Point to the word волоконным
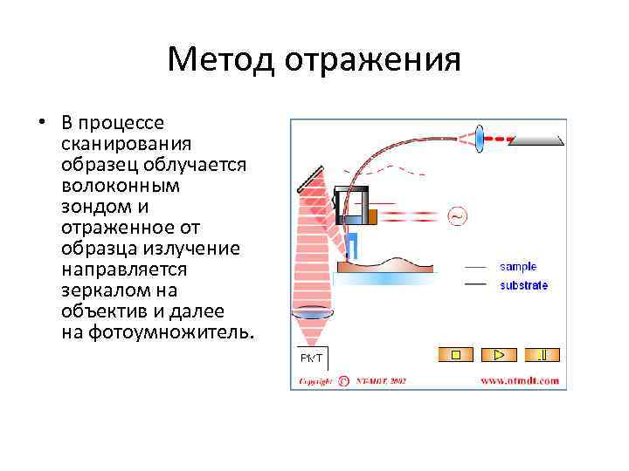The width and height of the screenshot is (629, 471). (121, 186)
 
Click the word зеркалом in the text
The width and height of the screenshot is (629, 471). (106, 290)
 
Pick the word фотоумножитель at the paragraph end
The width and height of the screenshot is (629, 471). (171, 332)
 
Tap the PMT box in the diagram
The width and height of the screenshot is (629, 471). (311, 358)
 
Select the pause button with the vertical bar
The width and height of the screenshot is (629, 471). (543, 354)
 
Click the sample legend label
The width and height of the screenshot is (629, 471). (517, 267)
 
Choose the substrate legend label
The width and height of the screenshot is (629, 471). (523, 285)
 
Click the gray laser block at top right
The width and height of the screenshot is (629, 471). (536, 138)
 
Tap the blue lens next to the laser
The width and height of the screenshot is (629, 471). (480, 138)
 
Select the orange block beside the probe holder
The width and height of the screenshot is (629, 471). (372, 215)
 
